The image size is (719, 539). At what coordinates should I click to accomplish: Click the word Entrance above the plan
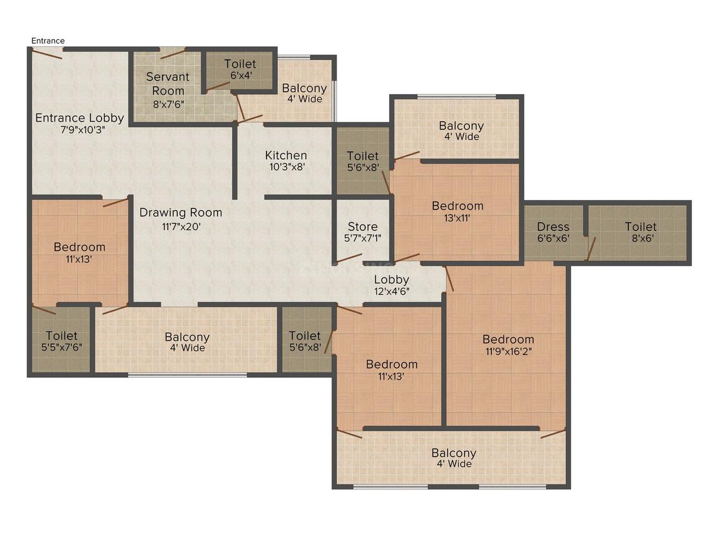pos(48,41)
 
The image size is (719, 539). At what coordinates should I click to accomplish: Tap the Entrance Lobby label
pos(79,118)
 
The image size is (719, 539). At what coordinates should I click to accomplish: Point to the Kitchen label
pos(286,156)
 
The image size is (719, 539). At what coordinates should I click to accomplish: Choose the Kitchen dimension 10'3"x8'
pos(286,167)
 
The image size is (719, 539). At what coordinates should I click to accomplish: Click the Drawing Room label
pos(180,213)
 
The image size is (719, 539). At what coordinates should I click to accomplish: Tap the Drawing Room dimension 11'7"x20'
pos(180,226)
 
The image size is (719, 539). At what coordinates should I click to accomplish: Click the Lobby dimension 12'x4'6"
pos(391,291)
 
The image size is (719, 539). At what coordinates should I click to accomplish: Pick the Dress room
pos(553,232)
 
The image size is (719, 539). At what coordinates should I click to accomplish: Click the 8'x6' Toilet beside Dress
pos(640,232)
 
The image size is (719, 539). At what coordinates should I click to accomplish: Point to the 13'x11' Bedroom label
pos(457,206)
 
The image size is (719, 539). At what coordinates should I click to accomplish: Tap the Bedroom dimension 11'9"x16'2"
pos(508,351)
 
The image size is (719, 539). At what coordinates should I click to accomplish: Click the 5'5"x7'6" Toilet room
pos(61,341)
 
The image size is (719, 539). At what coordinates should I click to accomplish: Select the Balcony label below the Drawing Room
pos(187,337)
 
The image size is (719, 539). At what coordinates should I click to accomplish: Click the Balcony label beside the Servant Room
pos(304,89)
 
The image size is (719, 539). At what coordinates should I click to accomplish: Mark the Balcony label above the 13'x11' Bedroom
pos(461,126)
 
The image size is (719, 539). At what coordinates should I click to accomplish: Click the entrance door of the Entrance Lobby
pos(46,54)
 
